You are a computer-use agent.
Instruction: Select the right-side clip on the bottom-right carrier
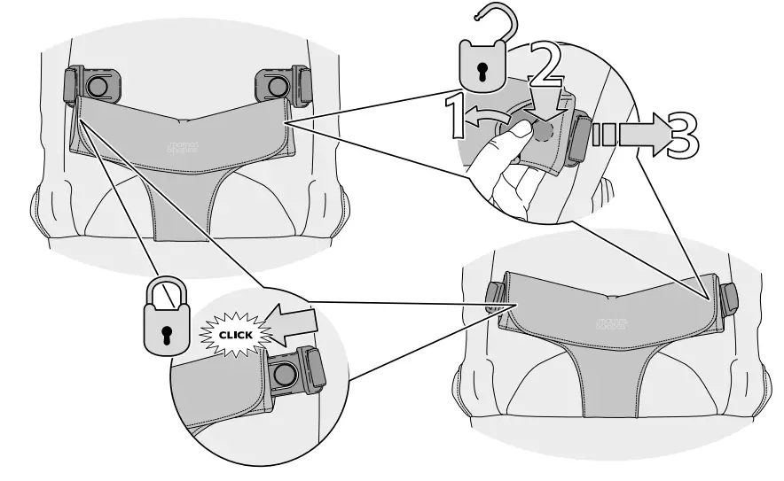(x=729, y=299)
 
